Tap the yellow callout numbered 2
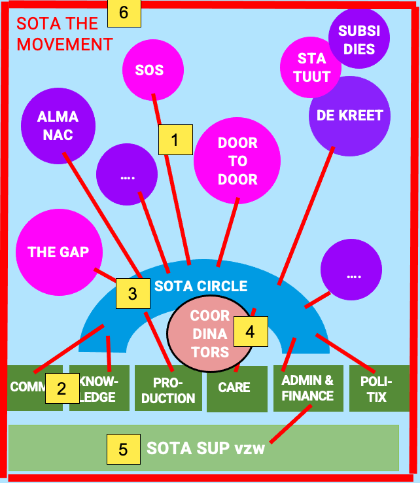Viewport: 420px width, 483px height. tap(61, 389)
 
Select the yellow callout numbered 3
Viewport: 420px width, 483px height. tap(133, 294)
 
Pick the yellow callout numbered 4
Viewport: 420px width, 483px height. tap(250, 332)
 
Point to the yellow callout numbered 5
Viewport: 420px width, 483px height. tap(124, 449)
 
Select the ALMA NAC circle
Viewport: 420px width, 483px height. tap(58, 126)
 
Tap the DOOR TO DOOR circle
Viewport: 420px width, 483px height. tap(237, 161)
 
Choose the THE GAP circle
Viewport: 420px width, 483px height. tap(58, 252)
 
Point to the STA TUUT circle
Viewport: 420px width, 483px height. tap(312, 67)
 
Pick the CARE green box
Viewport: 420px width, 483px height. tap(234, 388)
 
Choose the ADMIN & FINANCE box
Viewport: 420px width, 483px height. tap(307, 388)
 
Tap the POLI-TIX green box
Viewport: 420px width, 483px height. tap(377, 389)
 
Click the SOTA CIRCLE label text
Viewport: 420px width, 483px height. tap(201, 286)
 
